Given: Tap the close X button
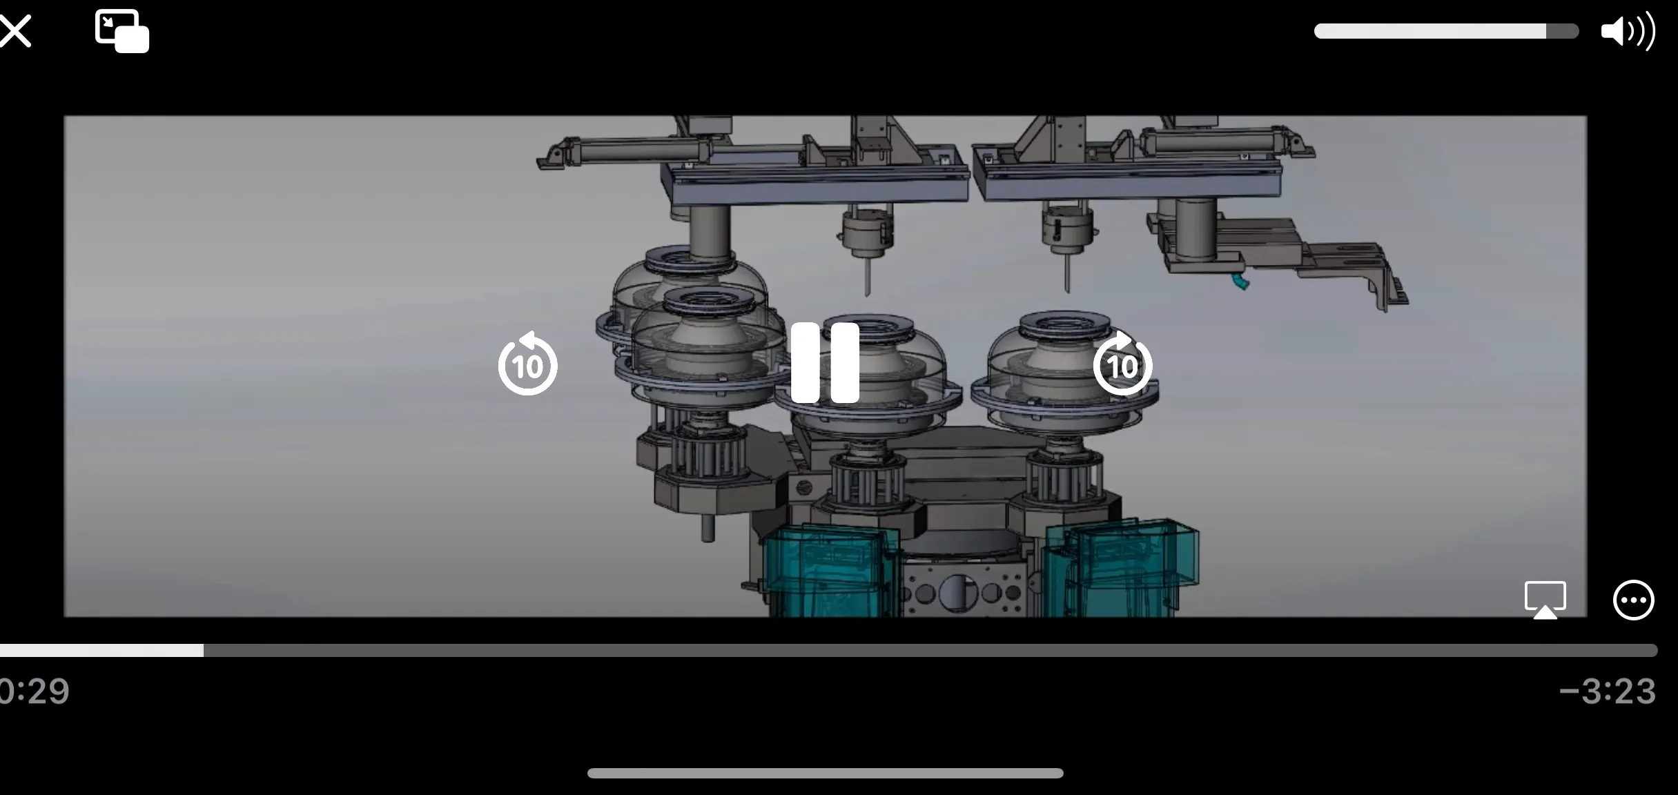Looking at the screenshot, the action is [x=14, y=31].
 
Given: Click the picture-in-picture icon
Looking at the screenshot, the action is [x=121, y=31].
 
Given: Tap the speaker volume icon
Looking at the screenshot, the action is [x=1628, y=30].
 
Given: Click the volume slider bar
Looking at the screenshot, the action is [x=1446, y=31].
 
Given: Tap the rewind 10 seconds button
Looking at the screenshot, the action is [x=528, y=363].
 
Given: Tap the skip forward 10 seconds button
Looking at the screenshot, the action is [x=1122, y=363].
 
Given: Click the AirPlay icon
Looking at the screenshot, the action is [x=1545, y=600].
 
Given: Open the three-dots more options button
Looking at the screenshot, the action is [x=1633, y=600].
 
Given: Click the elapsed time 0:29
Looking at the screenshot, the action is [x=35, y=691].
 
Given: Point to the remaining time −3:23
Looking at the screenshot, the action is [x=1608, y=691].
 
